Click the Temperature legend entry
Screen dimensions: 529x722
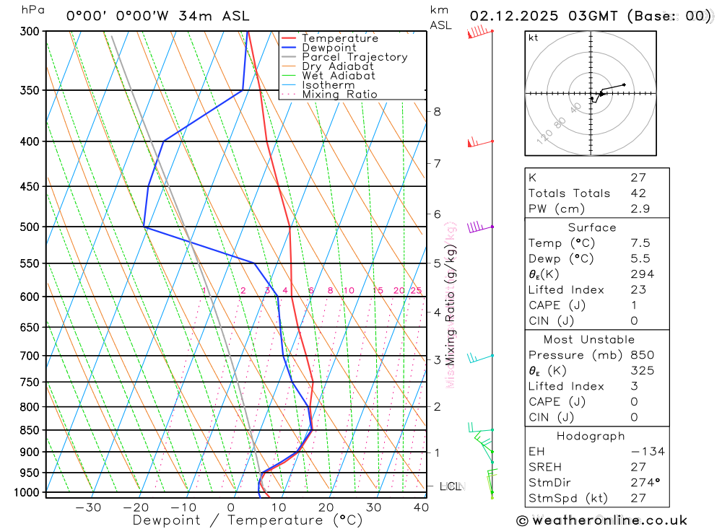339,38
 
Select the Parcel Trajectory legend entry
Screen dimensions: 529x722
355,57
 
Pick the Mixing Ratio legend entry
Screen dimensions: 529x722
339,95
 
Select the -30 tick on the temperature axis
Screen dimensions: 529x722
88,507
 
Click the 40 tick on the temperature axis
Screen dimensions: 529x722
421,507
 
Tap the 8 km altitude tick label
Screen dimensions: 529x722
438,111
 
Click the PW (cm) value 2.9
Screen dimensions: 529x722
640,209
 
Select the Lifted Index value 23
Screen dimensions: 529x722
638,289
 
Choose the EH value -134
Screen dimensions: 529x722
646,452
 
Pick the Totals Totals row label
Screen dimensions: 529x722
569,193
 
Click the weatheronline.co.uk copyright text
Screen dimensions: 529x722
601,520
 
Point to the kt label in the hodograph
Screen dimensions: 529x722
533,38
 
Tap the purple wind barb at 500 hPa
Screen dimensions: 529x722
476,227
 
